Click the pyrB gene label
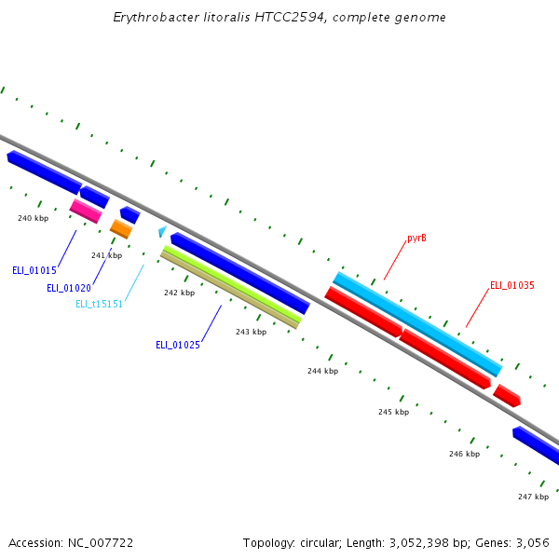coord(416,239)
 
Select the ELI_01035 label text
coord(511,285)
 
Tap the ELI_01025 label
coord(177,345)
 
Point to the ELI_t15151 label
coord(99,304)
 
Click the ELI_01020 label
coord(69,288)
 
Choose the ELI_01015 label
coord(34,270)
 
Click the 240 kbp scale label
coord(33,218)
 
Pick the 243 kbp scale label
coord(251,332)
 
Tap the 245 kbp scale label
coord(393,412)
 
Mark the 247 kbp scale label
coord(533,497)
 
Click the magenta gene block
coord(86,211)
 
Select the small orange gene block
coord(121,228)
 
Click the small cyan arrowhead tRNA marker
coord(162,231)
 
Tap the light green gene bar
coord(232,284)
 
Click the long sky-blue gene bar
coord(417,323)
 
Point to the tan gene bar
coord(228,290)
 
